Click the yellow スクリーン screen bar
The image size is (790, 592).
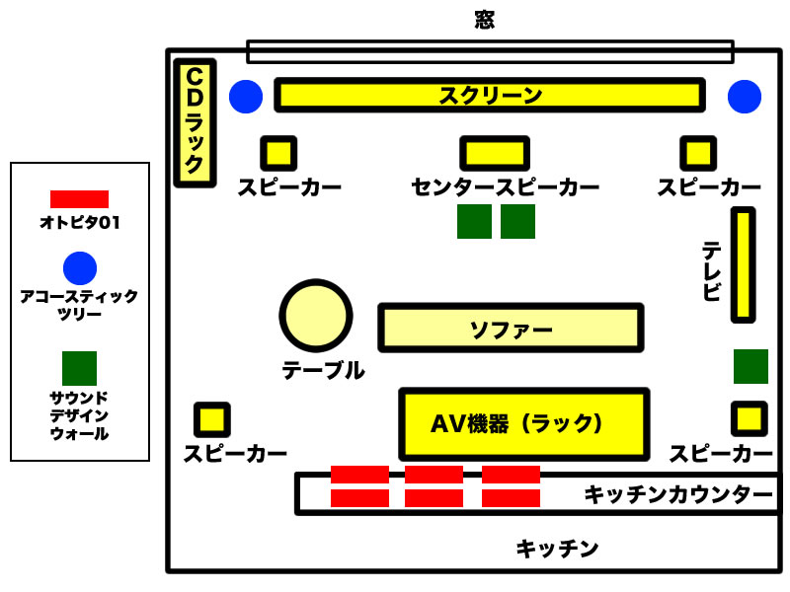pyautogui.click(x=490, y=96)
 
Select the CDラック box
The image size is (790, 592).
pyautogui.click(x=195, y=123)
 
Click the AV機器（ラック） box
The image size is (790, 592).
pyautogui.click(x=523, y=422)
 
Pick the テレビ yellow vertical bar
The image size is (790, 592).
pyautogui.click(x=743, y=264)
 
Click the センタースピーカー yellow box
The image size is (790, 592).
pyautogui.click(x=495, y=153)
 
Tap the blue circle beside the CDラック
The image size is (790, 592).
pyautogui.click(x=246, y=96)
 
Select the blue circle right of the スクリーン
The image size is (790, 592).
pyautogui.click(x=745, y=96)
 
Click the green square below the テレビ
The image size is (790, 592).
pyautogui.click(x=750, y=366)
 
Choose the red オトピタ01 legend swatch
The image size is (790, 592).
pyautogui.click(x=79, y=198)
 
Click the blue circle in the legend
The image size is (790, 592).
pyautogui.click(x=80, y=268)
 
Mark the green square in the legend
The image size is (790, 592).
pyautogui.click(x=79, y=368)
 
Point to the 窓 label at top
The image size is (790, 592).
pyautogui.click(x=484, y=20)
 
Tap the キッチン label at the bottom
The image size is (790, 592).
pyautogui.click(x=557, y=549)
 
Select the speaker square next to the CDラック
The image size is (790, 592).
pyautogui.click(x=278, y=153)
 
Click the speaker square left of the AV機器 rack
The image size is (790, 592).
pyautogui.click(x=212, y=419)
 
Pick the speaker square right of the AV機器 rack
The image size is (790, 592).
pyautogui.click(x=749, y=418)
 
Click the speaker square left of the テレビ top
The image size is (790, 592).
pyautogui.click(x=698, y=153)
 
